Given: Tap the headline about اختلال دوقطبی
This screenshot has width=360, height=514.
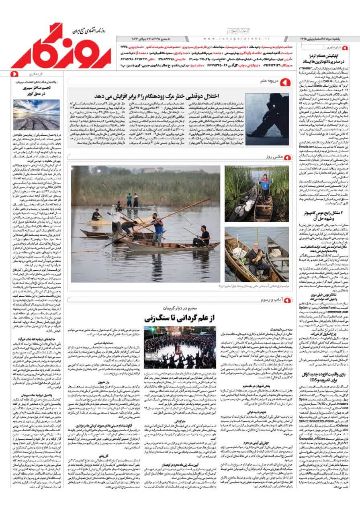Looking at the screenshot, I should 157,96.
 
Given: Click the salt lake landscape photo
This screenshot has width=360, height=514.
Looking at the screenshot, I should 36,115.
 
